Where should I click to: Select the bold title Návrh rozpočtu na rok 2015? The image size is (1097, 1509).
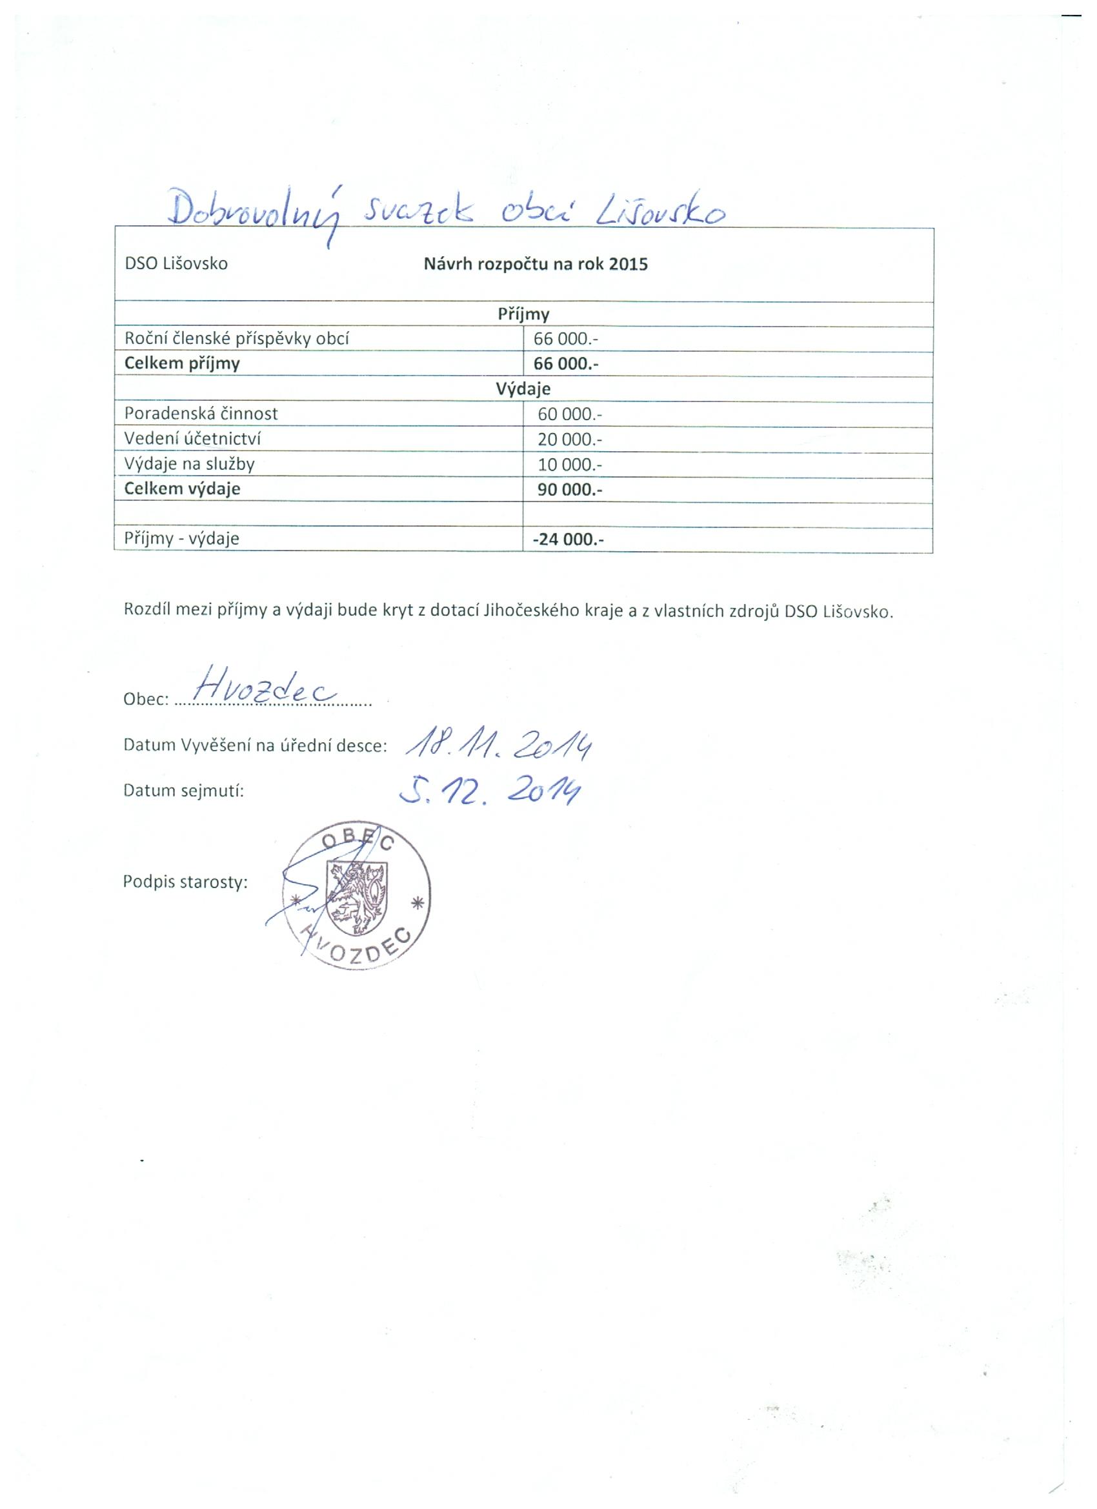[536, 264]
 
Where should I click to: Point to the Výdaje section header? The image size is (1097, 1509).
[523, 389]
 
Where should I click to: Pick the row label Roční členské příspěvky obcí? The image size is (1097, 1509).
[237, 339]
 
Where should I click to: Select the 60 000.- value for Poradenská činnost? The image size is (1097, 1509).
[569, 414]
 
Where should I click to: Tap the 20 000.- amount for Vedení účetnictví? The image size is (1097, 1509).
[569, 439]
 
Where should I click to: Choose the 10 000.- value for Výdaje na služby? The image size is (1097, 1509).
[569, 465]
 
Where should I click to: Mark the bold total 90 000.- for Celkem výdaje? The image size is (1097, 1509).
[569, 490]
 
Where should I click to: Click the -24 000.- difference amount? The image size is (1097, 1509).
[567, 540]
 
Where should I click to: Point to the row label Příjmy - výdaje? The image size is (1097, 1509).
[181, 538]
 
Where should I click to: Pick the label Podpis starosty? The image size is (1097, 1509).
[185, 882]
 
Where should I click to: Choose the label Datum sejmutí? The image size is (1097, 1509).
[184, 791]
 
